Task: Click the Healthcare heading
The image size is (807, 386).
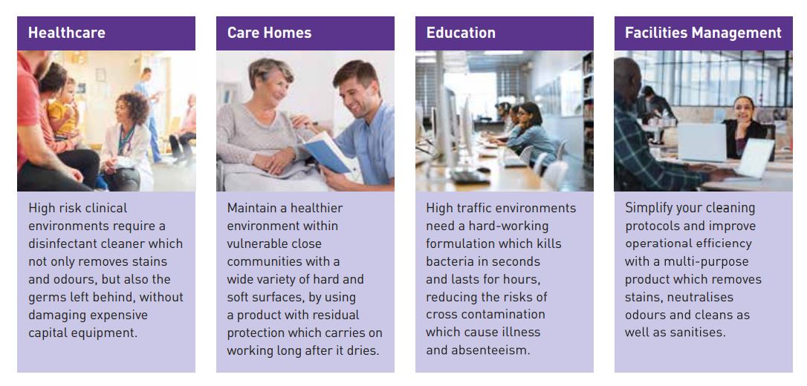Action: pyautogui.click(x=66, y=33)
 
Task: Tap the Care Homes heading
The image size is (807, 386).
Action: pyautogui.click(x=269, y=33)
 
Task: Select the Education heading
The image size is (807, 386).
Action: pyautogui.click(x=461, y=33)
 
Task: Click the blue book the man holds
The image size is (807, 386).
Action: pyautogui.click(x=327, y=152)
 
